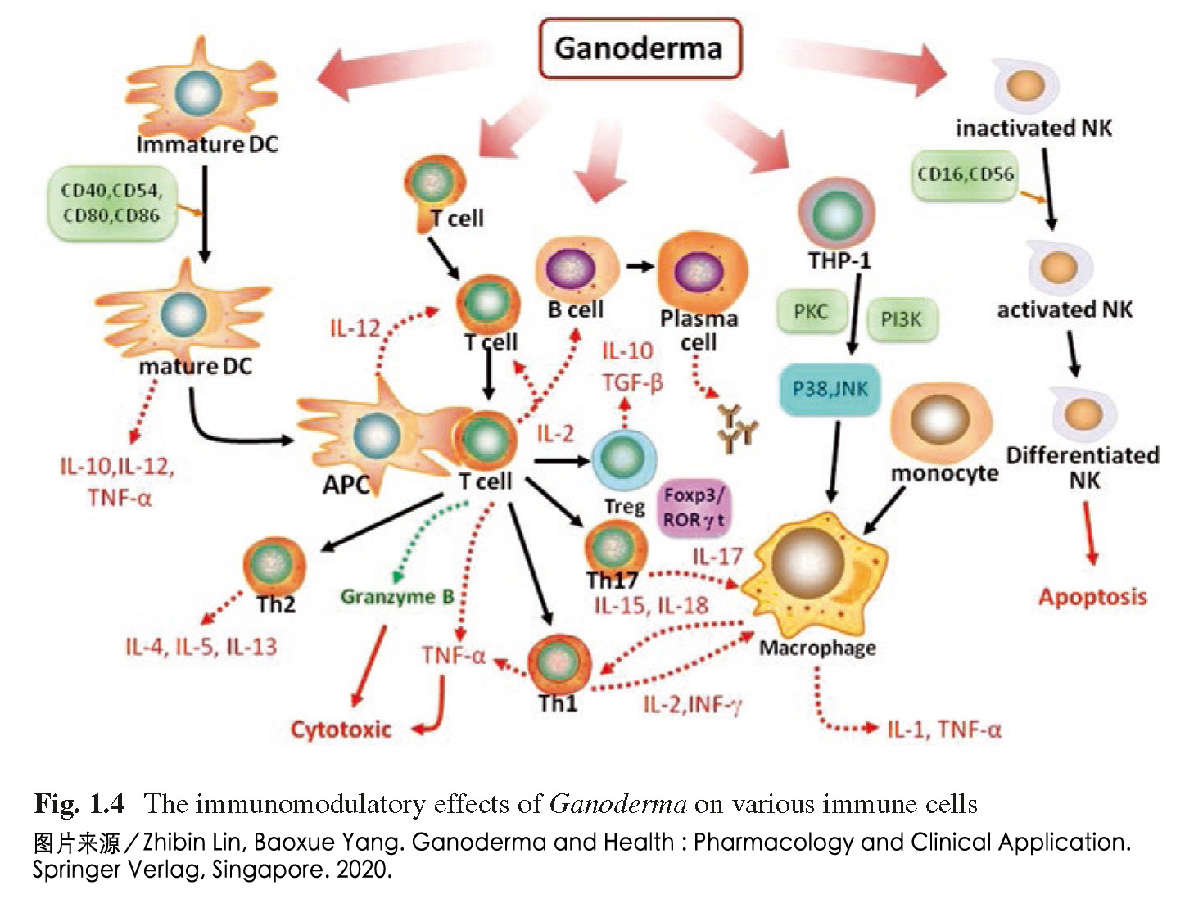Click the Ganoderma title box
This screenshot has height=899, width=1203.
[x=639, y=48]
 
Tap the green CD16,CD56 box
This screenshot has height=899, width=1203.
[x=966, y=175]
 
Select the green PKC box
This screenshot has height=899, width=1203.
[x=811, y=312]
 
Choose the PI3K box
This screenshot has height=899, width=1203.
[x=901, y=318]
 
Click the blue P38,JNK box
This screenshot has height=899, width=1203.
[x=830, y=389]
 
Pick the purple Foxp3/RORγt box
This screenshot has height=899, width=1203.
[x=694, y=508]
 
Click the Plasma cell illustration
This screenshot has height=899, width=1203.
[x=701, y=272]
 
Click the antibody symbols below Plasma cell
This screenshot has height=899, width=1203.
[x=736, y=427]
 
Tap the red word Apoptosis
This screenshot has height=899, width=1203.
[x=1092, y=597]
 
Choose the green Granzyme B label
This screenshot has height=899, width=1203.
[x=397, y=597]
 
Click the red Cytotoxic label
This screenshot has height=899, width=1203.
[x=341, y=729]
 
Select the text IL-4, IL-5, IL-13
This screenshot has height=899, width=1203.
[x=201, y=647]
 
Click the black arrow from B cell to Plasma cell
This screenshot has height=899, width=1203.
[x=640, y=266]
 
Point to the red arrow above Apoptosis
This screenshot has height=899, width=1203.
[x=1089, y=532]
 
